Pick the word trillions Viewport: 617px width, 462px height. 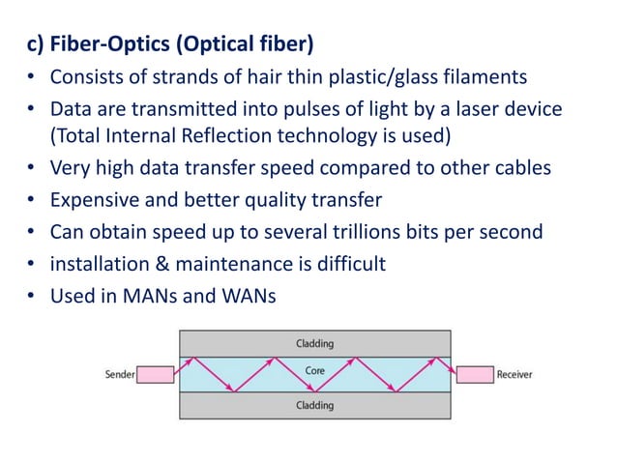click(364, 232)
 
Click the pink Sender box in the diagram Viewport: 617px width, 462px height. click(157, 374)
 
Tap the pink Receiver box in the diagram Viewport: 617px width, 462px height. click(474, 374)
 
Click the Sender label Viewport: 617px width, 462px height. click(120, 374)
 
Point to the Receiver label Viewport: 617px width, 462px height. click(514, 374)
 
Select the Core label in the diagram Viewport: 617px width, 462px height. click(314, 370)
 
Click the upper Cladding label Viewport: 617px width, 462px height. click(315, 343)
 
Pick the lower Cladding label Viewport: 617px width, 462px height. click(315, 406)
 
